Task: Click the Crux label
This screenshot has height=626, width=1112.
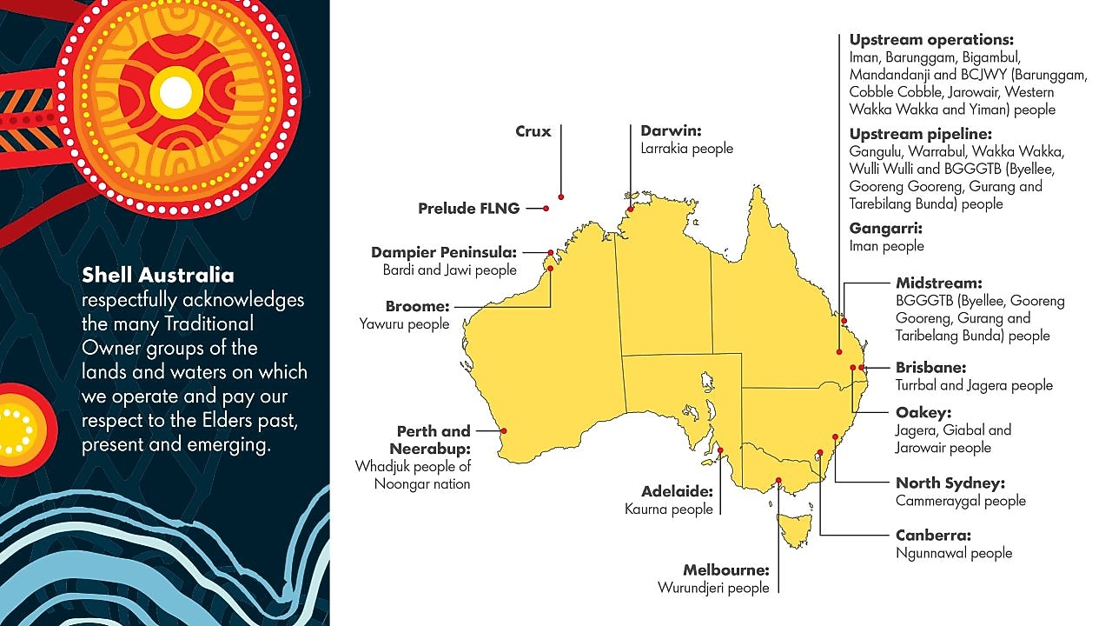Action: click(x=533, y=132)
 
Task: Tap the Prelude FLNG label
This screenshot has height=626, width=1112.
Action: click(x=468, y=209)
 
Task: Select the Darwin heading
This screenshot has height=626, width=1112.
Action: click(x=671, y=131)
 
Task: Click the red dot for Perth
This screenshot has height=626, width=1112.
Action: click(x=505, y=430)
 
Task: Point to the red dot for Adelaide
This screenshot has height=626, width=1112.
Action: click(x=720, y=450)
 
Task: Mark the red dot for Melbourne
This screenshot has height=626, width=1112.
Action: click(x=778, y=481)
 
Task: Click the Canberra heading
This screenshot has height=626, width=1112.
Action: click(x=933, y=536)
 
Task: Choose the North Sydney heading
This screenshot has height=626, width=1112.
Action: click(x=950, y=483)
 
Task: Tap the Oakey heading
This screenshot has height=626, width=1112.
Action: click(x=923, y=412)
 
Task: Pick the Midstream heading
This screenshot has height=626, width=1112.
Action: click(x=938, y=283)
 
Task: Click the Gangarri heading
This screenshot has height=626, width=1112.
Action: click(x=886, y=229)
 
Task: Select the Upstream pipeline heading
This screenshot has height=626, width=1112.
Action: click(x=920, y=134)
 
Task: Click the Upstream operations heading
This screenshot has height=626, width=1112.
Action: click(x=931, y=40)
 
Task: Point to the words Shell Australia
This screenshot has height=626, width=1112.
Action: click(x=158, y=276)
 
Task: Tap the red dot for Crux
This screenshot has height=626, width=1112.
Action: click(x=561, y=197)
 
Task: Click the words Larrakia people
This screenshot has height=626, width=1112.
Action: click(x=686, y=149)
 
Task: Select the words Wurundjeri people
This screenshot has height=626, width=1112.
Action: click(x=713, y=588)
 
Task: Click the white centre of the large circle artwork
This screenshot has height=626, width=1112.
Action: click(x=175, y=92)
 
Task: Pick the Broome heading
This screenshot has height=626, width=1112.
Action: click(x=417, y=307)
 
